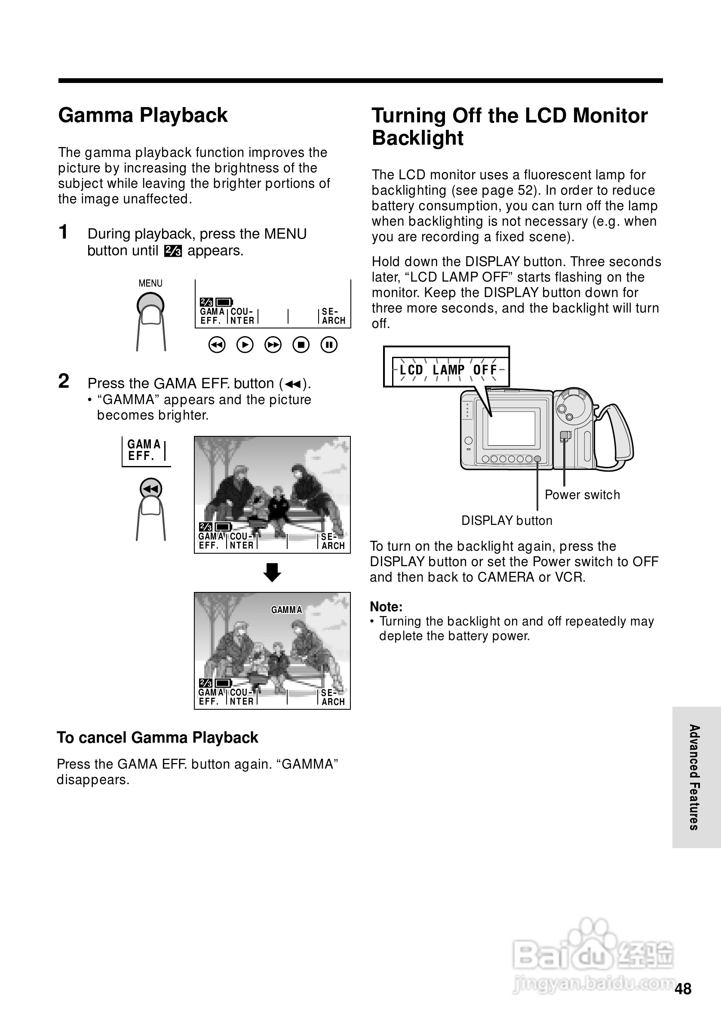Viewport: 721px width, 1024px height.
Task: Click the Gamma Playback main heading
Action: pyautogui.click(x=143, y=115)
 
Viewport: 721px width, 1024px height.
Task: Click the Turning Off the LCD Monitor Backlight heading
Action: pyautogui.click(x=509, y=126)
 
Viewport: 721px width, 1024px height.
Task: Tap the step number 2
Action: pyautogui.click(x=64, y=381)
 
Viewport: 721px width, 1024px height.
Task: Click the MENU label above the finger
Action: pyautogui.click(x=150, y=283)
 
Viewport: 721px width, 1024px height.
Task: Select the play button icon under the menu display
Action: pyautogui.click(x=245, y=345)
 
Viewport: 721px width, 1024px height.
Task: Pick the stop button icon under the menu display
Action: pyautogui.click(x=301, y=345)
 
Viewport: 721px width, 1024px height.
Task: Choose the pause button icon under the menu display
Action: pyautogui.click(x=329, y=345)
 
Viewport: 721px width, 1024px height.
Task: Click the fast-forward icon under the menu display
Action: pyautogui.click(x=273, y=345)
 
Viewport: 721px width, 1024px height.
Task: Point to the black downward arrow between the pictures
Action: pyautogui.click(x=272, y=572)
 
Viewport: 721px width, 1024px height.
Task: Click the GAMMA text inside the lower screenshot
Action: pyautogui.click(x=286, y=610)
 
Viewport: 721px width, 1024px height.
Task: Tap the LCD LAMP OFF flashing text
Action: pyautogui.click(x=448, y=370)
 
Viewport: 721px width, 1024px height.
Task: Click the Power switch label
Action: pyautogui.click(x=582, y=495)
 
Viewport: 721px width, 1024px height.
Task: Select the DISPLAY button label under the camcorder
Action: pyautogui.click(x=507, y=521)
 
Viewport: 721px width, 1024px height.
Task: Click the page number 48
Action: pyautogui.click(x=683, y=989)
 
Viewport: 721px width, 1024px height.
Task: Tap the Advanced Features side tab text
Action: pyautogui.click(x=694, y=777)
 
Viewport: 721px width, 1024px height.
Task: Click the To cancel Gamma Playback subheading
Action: pyautogui.click(x=157, y=738)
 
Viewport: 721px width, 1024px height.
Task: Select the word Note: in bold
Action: pyautogui.click(x=387, y=607)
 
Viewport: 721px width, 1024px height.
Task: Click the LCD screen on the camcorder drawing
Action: pyautogui.click(x=512, y=428)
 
